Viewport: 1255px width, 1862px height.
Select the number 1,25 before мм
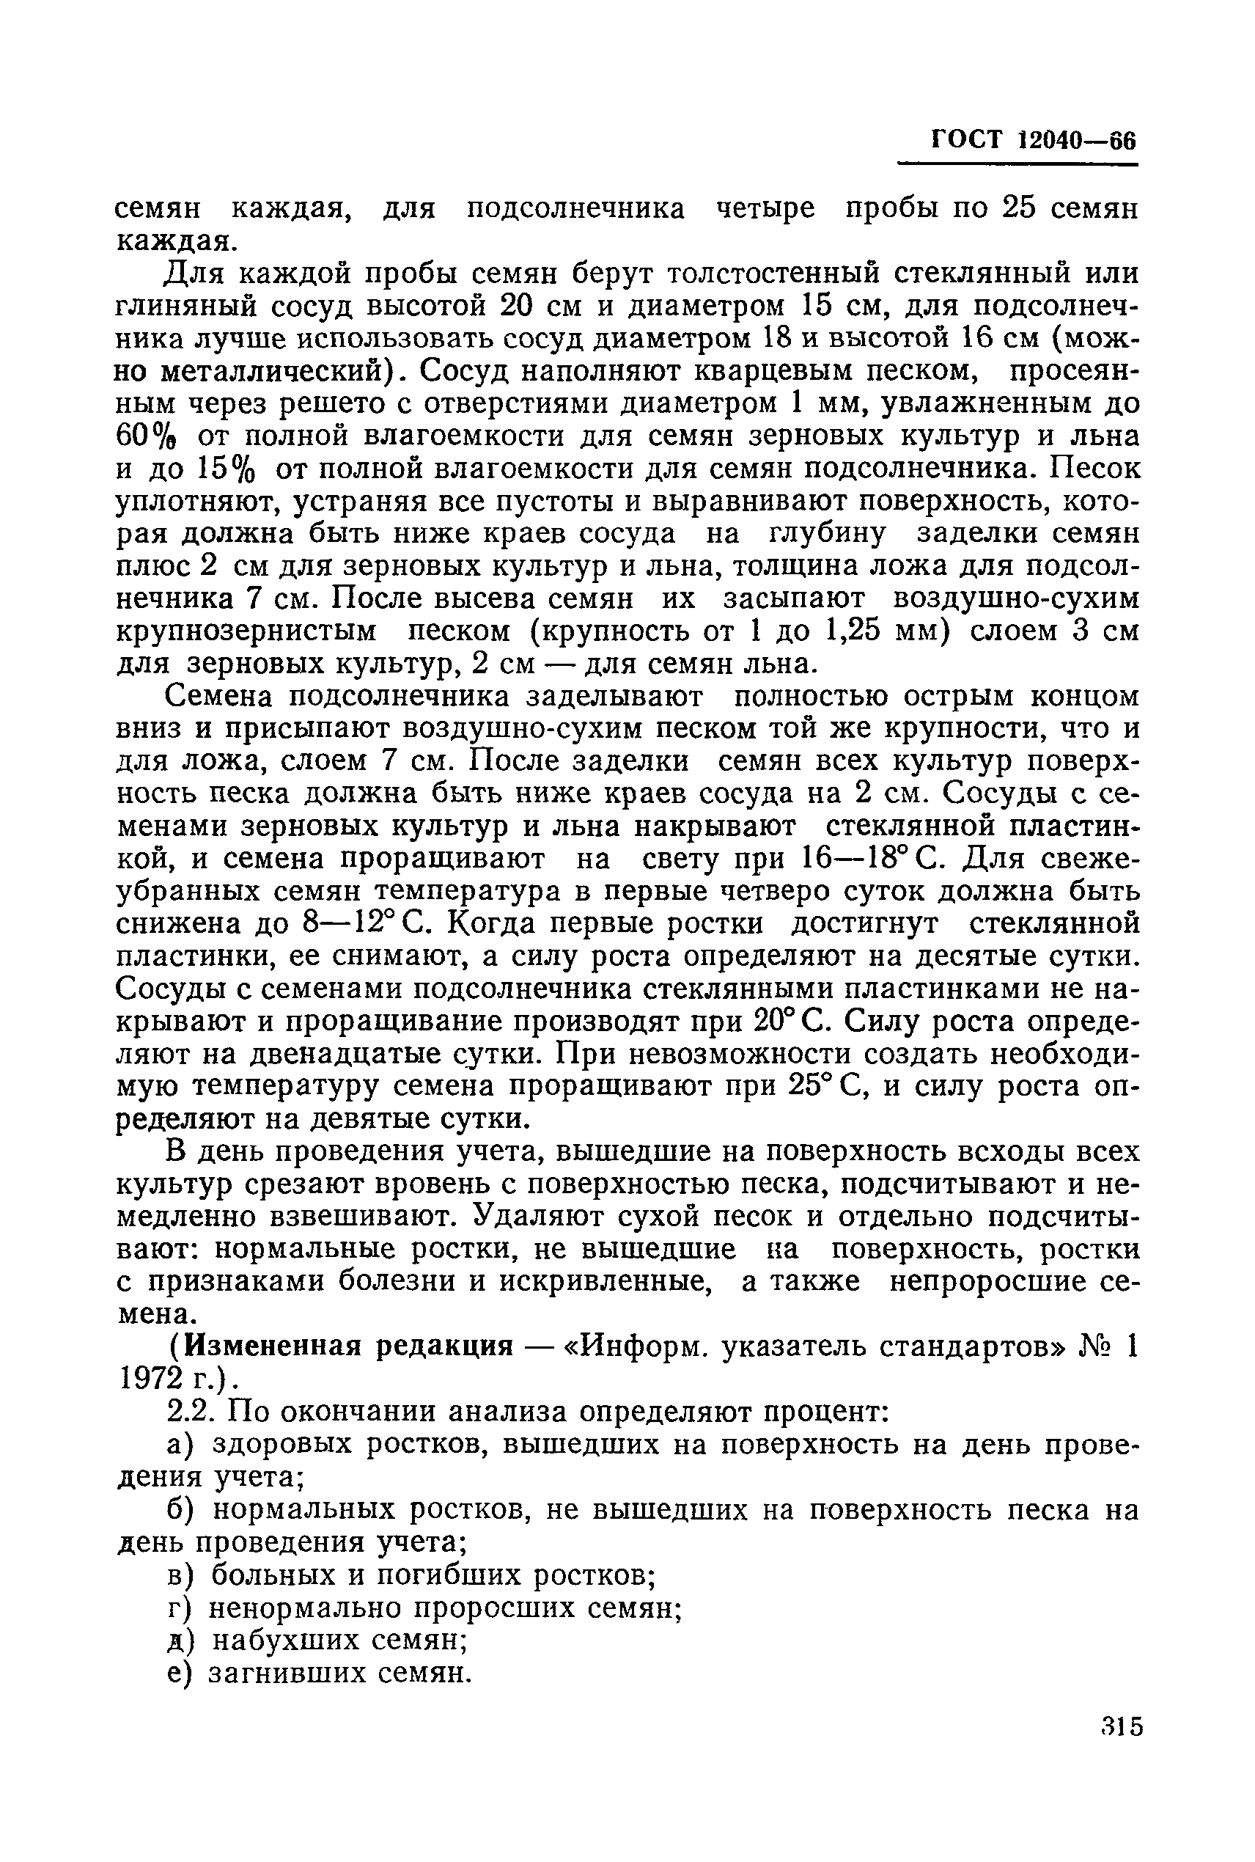click(853, 631)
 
